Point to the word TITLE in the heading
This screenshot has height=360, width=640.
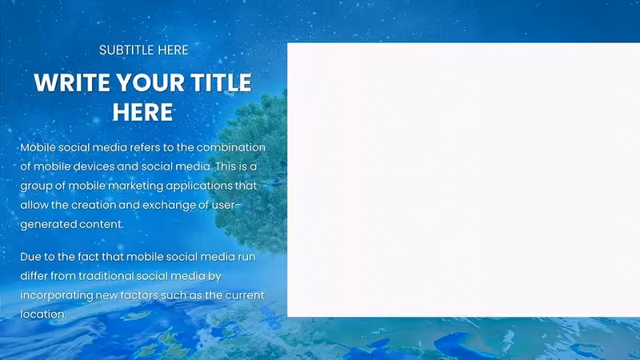pyautogui.click(x=221, y=83)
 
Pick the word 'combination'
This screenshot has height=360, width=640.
pyautogui.click(x=231, y=147)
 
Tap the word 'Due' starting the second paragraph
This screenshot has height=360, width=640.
pyautogui.click(x=30, y=257)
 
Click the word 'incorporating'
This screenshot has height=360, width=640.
pyautogui.click(x=57, y=295)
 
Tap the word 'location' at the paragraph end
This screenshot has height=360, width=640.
pyautogui.click(x=42, y=314)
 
